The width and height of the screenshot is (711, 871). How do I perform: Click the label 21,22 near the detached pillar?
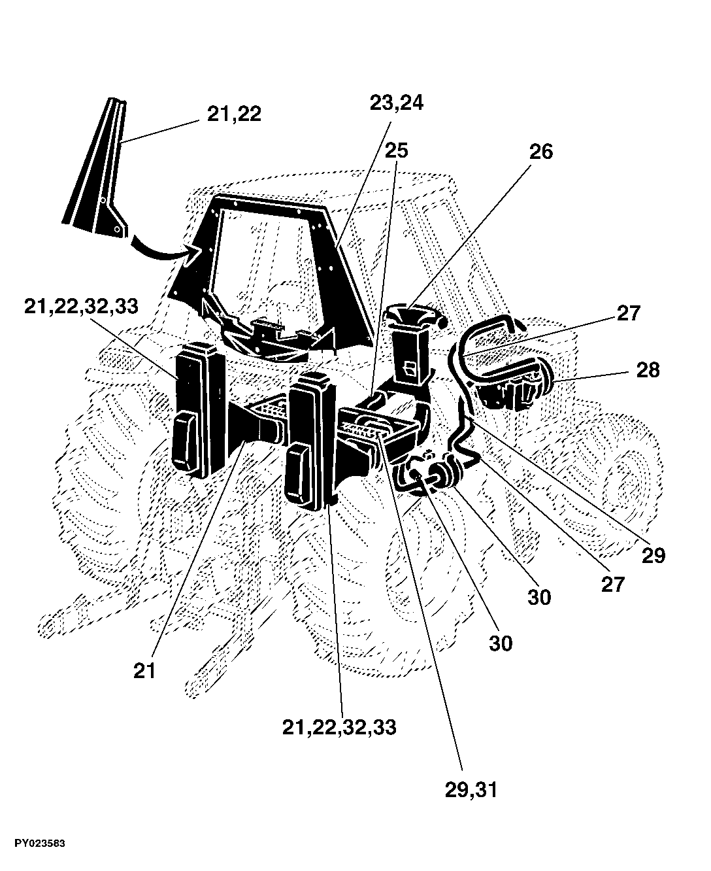(234, 114)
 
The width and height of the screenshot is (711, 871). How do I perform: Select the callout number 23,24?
(396, 103)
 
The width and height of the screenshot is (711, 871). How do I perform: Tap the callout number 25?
(396, 151)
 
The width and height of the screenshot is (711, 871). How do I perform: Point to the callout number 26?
(541, 152)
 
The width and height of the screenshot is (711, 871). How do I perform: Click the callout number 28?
(648, 370)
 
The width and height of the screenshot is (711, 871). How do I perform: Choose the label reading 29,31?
(471, 790)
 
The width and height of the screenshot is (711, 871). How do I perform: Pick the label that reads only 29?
(653, 556)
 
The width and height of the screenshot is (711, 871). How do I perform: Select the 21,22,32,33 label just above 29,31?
(339, 727)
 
